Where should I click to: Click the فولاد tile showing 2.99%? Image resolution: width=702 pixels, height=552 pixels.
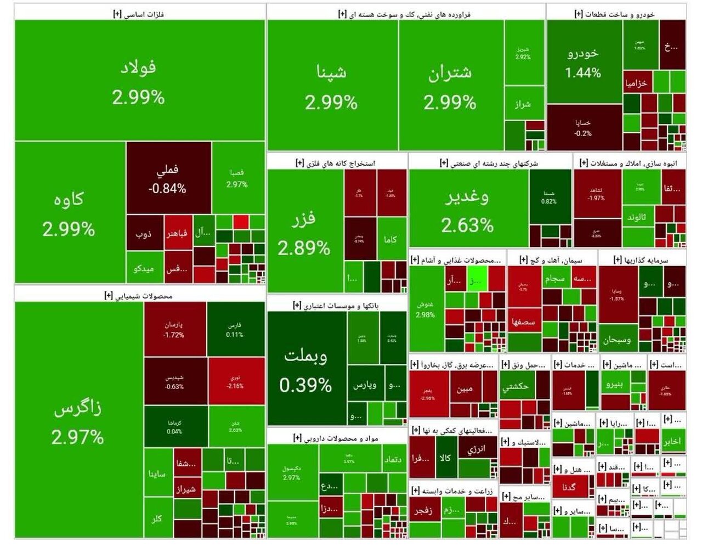[139, 81]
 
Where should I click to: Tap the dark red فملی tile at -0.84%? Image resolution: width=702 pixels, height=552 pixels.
[168, 178]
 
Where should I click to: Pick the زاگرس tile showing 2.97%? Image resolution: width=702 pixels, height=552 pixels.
[78, 420]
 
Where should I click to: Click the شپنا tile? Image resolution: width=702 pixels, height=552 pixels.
[332, 85]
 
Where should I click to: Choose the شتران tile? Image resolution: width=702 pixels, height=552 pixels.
[450, 85]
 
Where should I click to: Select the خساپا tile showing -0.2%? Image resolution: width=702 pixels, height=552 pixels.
[584, 127]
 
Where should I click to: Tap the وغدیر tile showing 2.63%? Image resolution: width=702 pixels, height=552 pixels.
[468, 209]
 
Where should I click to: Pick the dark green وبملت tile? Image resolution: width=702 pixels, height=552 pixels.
[306, 369]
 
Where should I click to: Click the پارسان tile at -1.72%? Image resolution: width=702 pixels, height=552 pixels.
[174, 329]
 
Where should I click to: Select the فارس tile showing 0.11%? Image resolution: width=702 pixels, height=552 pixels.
[235, 329]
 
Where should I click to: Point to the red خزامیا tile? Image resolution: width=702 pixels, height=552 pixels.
[636, 83]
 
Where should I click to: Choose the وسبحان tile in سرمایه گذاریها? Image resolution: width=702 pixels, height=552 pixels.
[618, 340]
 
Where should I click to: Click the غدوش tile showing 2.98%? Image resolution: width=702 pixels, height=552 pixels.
[426, 310]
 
